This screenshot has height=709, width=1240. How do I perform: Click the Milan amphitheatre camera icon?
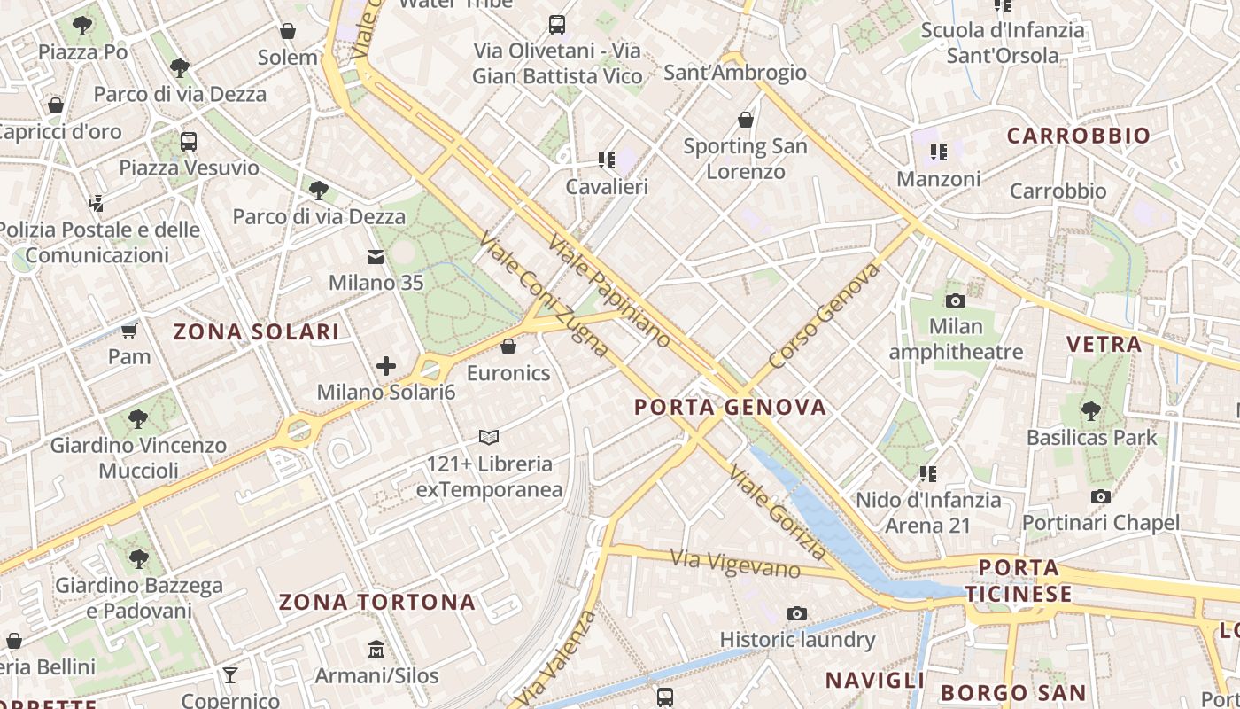tap(955, 300)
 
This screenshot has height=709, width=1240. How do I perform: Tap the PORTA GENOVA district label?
tap(731, 407)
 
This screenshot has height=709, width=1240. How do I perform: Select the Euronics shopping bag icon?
tap(508, 347)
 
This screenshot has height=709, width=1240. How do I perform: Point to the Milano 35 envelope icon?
tap(376, 257)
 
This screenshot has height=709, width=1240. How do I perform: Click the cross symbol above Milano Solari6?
tap(386, 365)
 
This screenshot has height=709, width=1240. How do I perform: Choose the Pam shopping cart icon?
tap(129, 331)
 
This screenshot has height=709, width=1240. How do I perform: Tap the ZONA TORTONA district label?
tap(377, 603)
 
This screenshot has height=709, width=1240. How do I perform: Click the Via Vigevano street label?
tap(735, 564)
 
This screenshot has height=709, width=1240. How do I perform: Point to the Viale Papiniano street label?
tap(609, 290)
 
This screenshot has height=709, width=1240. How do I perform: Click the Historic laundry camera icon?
tap(797, 613)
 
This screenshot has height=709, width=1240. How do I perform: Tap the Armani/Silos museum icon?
tap(376, 650)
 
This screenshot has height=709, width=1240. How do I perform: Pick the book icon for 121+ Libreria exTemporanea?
tap(489, 437)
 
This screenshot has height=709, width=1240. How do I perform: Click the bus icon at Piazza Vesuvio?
tap(189, 141)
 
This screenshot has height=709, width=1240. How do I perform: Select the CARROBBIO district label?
tap(1078, 136)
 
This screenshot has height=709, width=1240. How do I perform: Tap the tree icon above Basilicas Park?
tap(1091, 411)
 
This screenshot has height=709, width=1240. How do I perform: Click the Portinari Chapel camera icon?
tap(1101, 496)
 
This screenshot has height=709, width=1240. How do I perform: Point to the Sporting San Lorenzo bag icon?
tap(746, 120)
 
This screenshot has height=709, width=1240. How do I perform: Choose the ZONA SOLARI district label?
tap(256, 332)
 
